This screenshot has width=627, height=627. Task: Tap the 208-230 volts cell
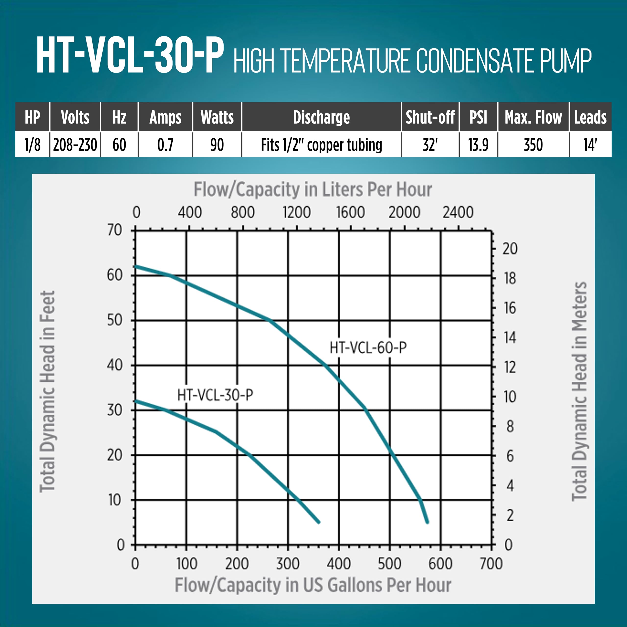click(75, 145)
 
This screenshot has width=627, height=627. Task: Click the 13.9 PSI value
click(478, 145)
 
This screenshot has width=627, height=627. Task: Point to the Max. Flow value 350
click(533, 145)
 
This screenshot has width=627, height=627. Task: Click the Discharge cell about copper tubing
click(321, 145)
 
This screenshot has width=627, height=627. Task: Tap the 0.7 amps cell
click(165, 145)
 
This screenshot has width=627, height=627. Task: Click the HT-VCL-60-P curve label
click(368, 348)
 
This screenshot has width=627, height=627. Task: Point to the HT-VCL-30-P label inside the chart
click(215, 395)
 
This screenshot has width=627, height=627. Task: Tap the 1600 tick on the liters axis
click(350, 212)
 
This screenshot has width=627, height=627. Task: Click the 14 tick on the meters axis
click(510, 338)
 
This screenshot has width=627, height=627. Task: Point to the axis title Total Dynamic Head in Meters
click(579, 391)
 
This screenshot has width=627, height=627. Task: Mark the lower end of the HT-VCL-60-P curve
click(427, 522)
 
